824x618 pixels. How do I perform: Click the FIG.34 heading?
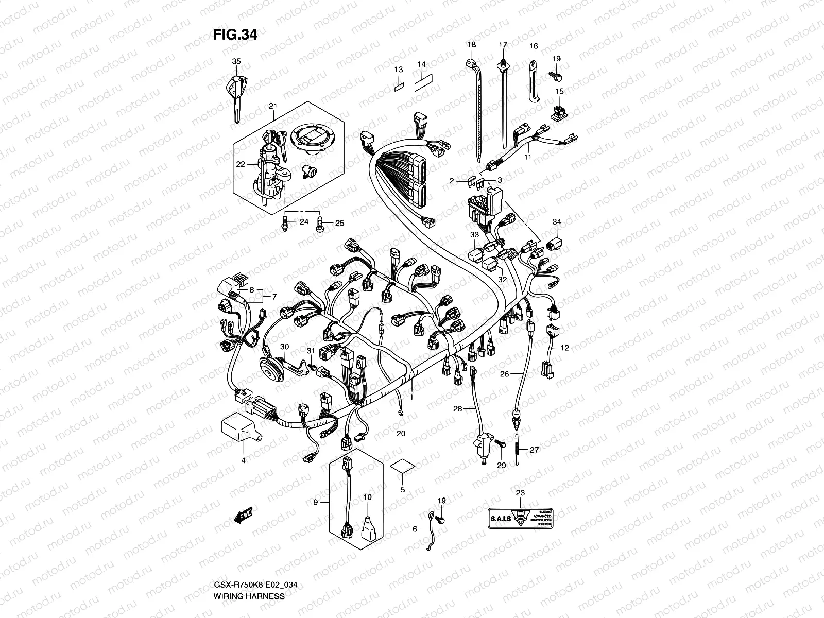tap(235, 35)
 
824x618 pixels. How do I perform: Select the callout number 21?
tap(273, 106)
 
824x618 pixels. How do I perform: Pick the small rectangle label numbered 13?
tap(399, 85)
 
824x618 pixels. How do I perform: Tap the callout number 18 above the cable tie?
tap(471, 45)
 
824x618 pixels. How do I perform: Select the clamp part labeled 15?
tap(558, 112)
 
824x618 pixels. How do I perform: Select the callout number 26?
tap(505, 374)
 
